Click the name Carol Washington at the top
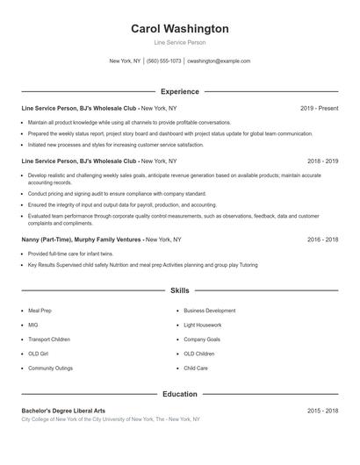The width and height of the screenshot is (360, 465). click(179, 29)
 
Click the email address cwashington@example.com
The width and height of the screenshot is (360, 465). click(219, 61)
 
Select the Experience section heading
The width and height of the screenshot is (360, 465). click(179, 91)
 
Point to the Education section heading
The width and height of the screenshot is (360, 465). click(179, 394)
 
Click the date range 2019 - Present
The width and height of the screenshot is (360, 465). click(319, 108)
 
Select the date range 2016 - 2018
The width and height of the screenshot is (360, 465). click(322, 239)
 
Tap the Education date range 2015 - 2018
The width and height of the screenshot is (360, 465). click(322, 411)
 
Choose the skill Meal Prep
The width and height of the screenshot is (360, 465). click(40, 310)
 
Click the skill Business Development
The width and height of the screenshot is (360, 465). click(209, 310)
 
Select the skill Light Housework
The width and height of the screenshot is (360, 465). click(202, 325)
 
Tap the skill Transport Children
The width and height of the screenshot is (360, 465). click(48, 339)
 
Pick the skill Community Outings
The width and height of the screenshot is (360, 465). click(50, 368)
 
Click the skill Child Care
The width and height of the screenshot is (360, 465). click(196, 368)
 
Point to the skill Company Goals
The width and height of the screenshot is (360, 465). click(202, 339)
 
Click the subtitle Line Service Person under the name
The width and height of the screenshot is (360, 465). click(179, 42)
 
